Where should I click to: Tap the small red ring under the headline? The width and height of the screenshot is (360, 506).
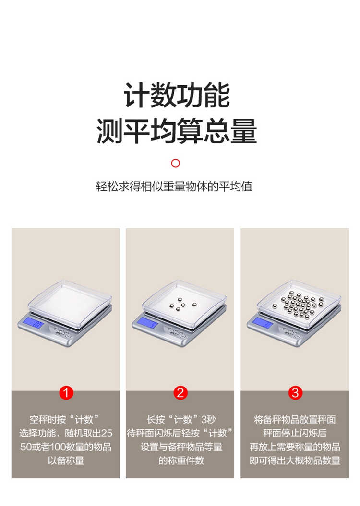click(x=175, y=163)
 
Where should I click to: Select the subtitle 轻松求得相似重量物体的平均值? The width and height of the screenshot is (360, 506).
click(x=174, y=187)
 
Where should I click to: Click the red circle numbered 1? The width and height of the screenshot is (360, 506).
click(x=66, y=393)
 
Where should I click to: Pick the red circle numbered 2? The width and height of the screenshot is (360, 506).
click(x=180, y=393)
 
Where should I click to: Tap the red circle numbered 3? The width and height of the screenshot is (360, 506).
click(x=295, y=393)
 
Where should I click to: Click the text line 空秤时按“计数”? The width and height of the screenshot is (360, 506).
click(x=66, y=420)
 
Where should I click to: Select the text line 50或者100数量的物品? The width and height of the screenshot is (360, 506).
click(x=66, y=447)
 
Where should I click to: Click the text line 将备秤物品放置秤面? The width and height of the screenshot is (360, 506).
click(x=295, y=420)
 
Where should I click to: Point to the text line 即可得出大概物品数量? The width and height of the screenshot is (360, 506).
click(x=295, y=460)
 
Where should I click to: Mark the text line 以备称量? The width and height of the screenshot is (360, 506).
click(x=66, y=460)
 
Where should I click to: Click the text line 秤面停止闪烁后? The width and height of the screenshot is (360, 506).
click(x=295, y=433)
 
